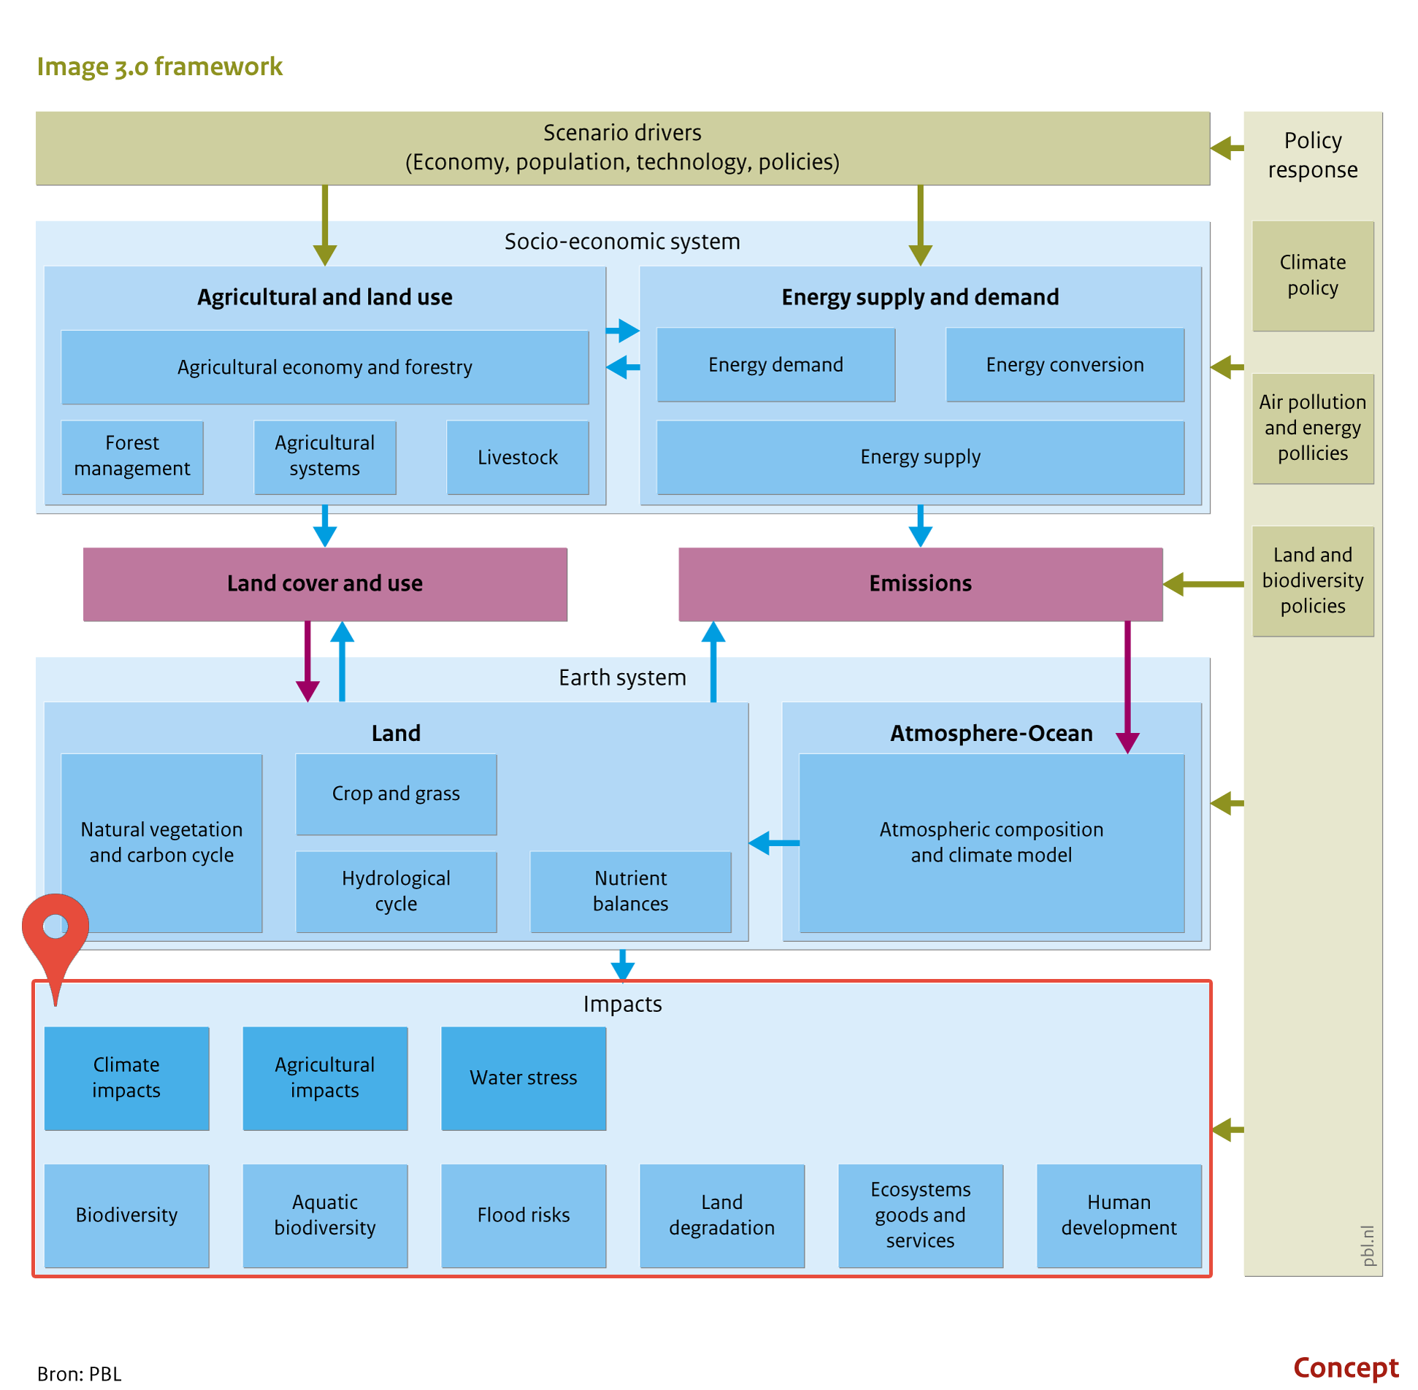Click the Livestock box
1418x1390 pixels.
517,457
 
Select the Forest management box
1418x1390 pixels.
132,457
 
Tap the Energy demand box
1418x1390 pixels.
775,364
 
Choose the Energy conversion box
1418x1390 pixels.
1065,364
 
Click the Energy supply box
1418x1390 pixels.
920,457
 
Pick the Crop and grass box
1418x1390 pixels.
396,794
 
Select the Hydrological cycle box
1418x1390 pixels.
396,891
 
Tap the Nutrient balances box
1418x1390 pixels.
630,891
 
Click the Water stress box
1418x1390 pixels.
524,1078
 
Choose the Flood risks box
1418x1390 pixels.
524,1216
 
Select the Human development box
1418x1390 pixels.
1119,1216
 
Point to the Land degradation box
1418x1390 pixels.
721,1216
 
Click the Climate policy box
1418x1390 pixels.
1312,276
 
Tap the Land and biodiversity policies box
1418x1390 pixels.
1312,581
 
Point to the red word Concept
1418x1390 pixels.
1346,1367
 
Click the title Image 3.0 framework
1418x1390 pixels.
159,66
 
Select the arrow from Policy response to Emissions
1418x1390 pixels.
1203,584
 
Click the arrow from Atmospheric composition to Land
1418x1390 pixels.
774,843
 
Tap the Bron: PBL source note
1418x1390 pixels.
79,1373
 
